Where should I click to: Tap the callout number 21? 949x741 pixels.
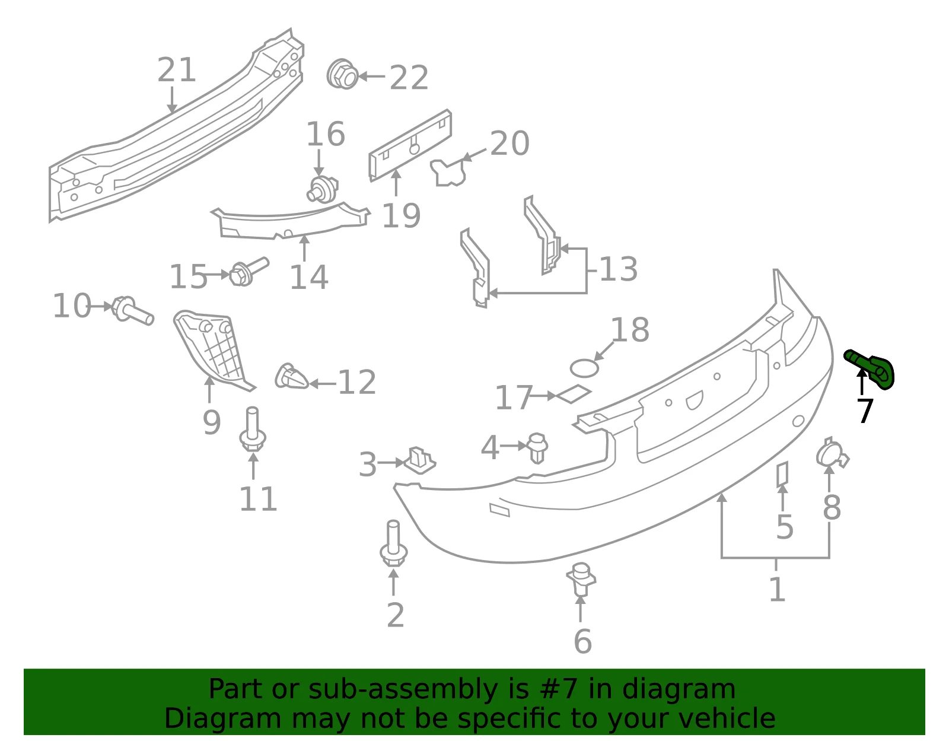click(176, 69)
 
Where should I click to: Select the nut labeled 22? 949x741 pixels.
click(342, 74)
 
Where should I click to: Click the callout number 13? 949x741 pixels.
click(619, 269)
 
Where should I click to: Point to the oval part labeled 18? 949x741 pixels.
click(584, 368)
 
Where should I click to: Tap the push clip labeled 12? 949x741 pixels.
click(291, 376)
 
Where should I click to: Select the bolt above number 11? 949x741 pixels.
click(253, 429)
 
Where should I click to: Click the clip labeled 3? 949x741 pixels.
click(419, 460)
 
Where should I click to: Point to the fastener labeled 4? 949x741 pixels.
click(537, 447)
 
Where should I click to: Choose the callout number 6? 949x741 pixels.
click(582, 641)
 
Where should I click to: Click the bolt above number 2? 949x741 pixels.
click(393, 543)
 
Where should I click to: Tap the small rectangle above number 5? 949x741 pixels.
click(782, 474)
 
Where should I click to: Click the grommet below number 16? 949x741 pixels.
click(322, 189)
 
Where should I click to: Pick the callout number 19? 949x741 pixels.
click(402, 215)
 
